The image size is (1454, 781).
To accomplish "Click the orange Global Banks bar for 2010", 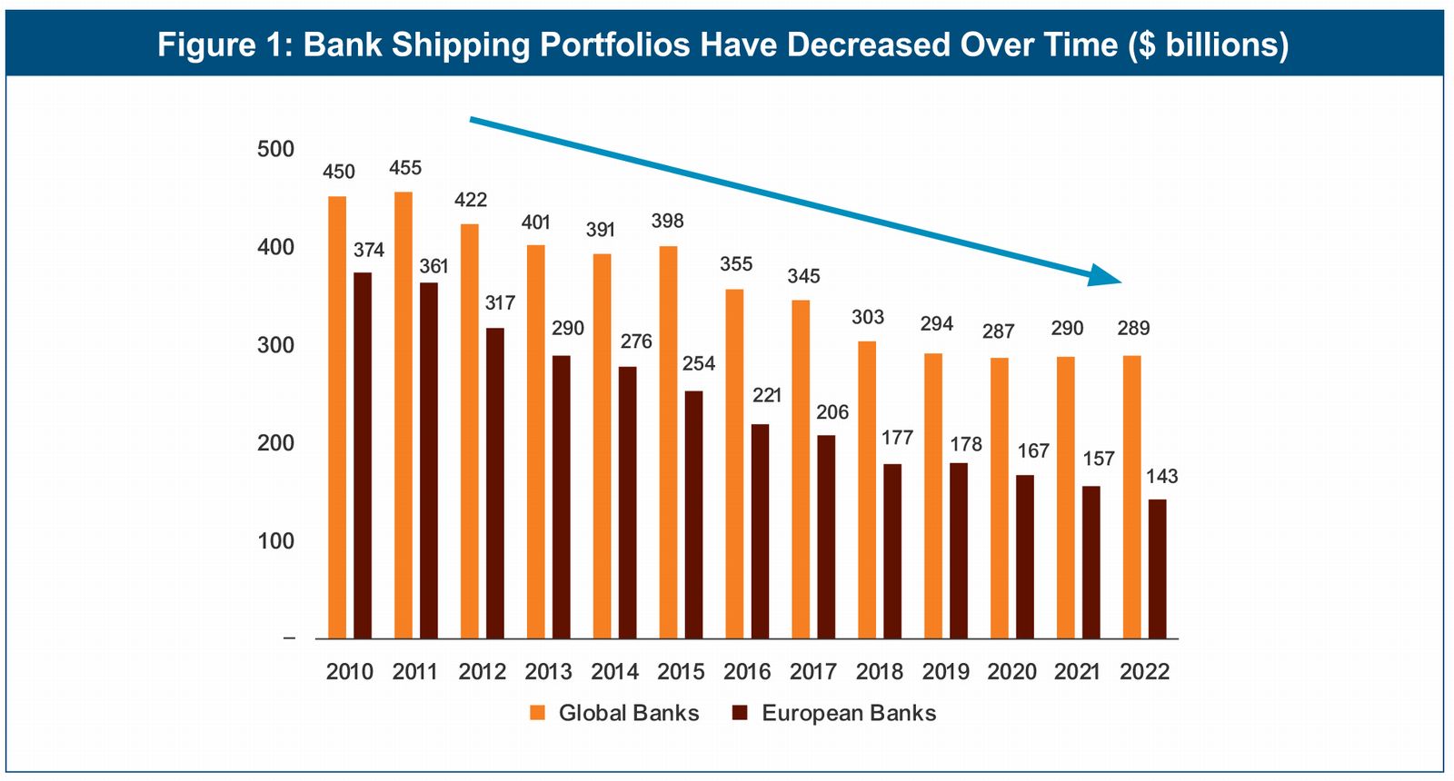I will click(337, 418).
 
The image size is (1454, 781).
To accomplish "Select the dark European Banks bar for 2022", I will click(1157, 568).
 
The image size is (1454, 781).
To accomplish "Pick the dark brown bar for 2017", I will click(826, 537).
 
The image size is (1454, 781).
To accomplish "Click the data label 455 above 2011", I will click(405, 168).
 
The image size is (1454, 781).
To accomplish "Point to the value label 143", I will click(1161, 476).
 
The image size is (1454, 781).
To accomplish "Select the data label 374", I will click(369, 250).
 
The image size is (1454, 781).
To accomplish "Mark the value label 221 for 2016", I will click(767, 395).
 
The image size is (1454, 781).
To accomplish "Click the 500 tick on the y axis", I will click(275, 149).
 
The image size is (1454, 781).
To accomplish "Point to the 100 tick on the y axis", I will click(275, 541).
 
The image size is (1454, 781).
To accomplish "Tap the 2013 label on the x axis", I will click(548, 672).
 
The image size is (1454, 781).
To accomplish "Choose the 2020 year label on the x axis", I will click(1011, 672).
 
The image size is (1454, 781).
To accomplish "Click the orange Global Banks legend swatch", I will click(538, 713).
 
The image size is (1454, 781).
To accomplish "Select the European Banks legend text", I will click(849, 713).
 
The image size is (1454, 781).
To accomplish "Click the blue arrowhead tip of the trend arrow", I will click(1122, 281).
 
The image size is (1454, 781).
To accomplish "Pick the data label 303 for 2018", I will click(868, 317).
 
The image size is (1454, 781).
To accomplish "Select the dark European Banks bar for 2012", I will click(495, 483).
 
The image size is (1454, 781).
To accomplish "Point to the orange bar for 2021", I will click(1065, 498).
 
